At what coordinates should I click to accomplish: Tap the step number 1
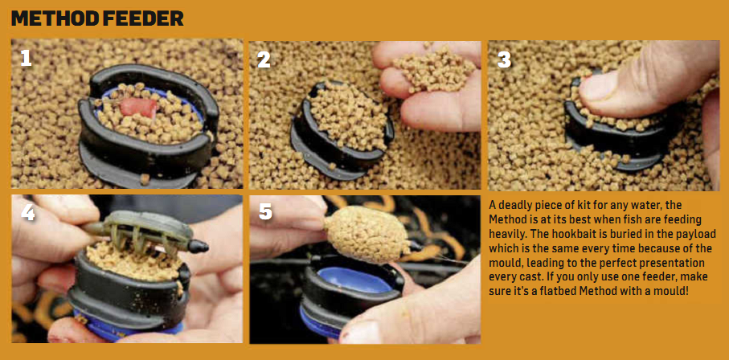(27, 58)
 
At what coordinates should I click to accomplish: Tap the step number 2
(264, 59)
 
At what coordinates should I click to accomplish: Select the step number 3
(504, 59)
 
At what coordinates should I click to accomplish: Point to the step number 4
(27, 214)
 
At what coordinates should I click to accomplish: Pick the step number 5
(265, 214)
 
